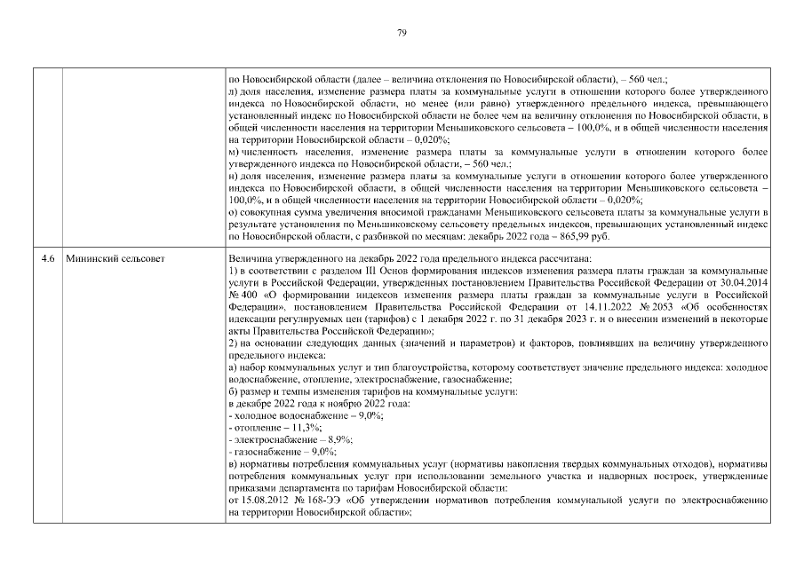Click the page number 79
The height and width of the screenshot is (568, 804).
pyautogui.click(x=402, y=33)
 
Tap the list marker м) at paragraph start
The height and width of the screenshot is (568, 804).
pyautogui.click(x=234, y=153)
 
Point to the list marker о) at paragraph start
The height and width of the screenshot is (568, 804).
pyautogui.click(x=233, y=215)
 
